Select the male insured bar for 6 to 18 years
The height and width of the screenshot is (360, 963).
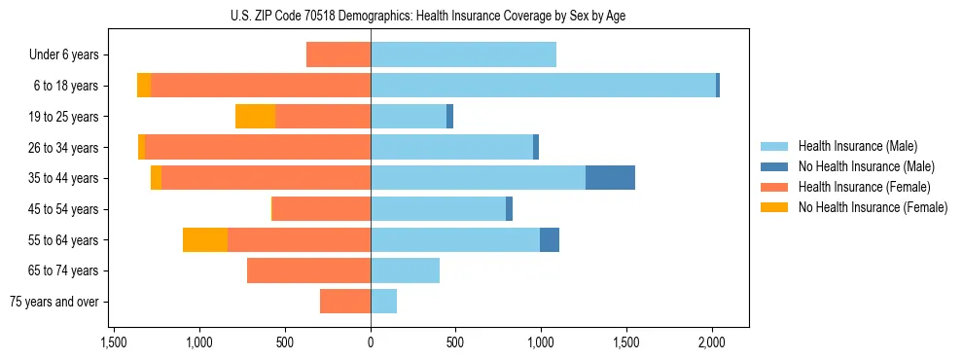click(x=543, y=86)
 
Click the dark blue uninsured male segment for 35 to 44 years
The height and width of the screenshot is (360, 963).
click(x=610, y=178)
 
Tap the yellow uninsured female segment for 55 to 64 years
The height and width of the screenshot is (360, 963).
click(x=205, y=240)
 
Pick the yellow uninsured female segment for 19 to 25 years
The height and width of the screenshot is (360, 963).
click(x=255, y=117)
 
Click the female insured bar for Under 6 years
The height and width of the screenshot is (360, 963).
click(x=339, y=54)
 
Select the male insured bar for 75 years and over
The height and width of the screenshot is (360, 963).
click(x=383, y=302)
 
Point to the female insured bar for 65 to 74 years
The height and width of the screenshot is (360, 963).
click(x=308, y=270)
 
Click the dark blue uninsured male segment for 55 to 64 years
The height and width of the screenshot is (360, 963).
click(x=550, y=240)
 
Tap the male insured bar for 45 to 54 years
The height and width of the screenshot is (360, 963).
click(x=438, y=209)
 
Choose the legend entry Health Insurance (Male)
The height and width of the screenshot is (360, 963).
click(x=857, y=146)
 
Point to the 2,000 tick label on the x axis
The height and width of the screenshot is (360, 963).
click(x=712, y=342)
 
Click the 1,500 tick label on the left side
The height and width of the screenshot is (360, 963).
click(x=114, y=342)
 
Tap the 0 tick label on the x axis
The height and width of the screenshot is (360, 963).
click(x=371, y=342)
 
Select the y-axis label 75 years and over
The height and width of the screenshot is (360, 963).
click(x=54, y=302)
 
